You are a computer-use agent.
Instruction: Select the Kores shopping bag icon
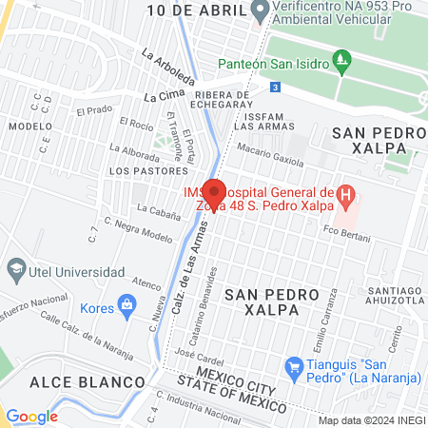pos(125,305)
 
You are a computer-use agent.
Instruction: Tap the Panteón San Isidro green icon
pos(342,64)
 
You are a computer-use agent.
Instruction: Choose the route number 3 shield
pos(275,88)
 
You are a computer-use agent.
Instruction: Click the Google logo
pos(31,416)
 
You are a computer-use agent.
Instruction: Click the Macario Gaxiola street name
pos(269,154)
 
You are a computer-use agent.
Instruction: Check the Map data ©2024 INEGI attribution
pos(369,420)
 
